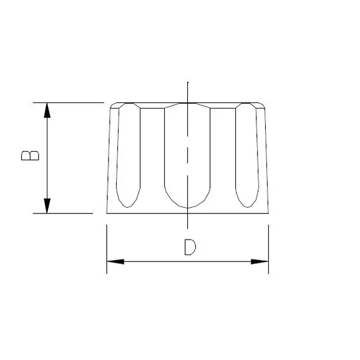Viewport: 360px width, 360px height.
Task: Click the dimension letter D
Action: (190, 246)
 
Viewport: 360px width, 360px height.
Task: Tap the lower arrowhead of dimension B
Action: (47, 205)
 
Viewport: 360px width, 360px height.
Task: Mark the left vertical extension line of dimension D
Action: (107, 250)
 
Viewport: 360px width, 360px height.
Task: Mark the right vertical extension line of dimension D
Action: (268, 250)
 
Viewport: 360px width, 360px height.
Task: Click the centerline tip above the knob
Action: (187, 83)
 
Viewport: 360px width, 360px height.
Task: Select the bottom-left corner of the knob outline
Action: (107, 213)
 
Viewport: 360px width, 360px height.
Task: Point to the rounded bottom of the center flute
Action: (187, 207)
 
